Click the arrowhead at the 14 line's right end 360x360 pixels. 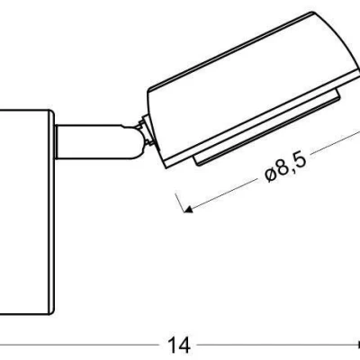tap(355, 344)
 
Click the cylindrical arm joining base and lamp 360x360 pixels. tap(90, 143)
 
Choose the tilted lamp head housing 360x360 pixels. tap(243, 85)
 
